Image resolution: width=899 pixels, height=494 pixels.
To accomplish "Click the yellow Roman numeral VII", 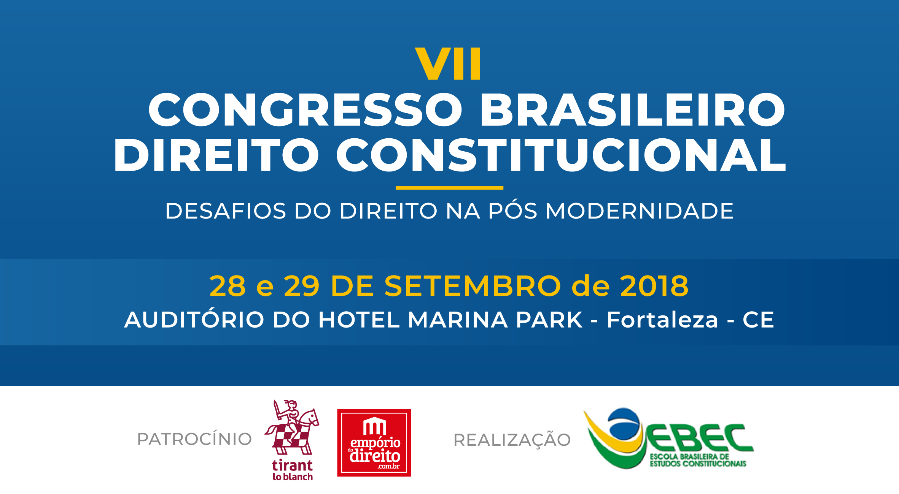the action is [448, 63].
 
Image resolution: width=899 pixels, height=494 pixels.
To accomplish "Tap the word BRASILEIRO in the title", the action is [633, 109].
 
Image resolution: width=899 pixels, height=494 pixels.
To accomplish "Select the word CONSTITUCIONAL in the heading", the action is [561, 155].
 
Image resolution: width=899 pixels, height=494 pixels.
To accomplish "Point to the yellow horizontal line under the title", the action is [449, 188].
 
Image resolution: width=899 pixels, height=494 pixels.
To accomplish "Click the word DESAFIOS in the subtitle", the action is [226, 211].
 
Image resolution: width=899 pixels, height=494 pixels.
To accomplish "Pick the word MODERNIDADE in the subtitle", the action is [640, 211].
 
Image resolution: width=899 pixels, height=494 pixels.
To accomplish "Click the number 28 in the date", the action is [228, 286].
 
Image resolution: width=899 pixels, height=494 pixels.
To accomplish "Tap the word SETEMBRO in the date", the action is [473, 286].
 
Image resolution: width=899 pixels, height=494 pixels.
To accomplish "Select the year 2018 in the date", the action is [654, 286].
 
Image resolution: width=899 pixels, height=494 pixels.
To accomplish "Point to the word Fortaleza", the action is [662, 320].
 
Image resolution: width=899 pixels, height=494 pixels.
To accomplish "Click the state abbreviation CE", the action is [758, 320].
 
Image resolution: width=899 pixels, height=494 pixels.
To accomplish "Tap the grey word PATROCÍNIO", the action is [194, 439].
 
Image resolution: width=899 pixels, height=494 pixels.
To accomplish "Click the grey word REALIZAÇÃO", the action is [512, 440].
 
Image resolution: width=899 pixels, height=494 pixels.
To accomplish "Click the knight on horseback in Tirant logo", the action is [292, 427].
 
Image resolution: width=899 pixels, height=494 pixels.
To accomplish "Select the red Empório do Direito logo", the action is [374, 443].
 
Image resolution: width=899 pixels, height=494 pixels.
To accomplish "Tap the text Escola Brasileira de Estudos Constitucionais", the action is [698, 460].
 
